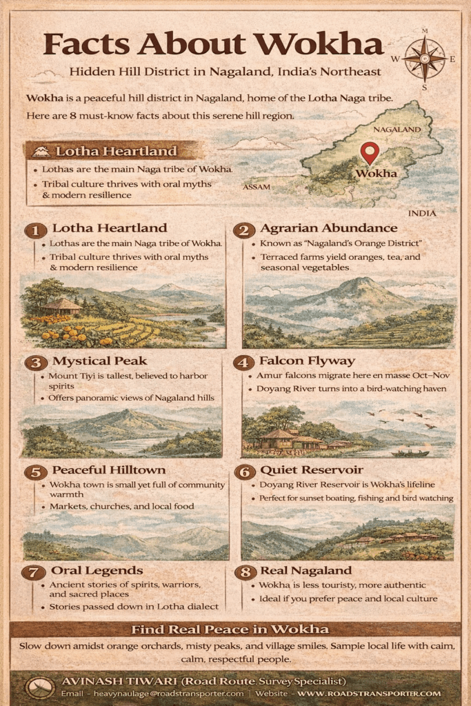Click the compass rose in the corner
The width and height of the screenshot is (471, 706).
point(423,58)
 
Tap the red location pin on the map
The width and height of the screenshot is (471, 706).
point(370,152)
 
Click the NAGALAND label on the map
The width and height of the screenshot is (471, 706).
point(397,129)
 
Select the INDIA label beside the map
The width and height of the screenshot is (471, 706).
point(422,213)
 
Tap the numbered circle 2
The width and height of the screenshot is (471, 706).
point(243,230)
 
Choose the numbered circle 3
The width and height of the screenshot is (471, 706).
point(35,363)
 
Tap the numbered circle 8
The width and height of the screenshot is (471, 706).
point(243,572)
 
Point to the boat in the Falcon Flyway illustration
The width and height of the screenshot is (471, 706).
point(410,453)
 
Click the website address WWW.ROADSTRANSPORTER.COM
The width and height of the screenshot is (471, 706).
point(369,693)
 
